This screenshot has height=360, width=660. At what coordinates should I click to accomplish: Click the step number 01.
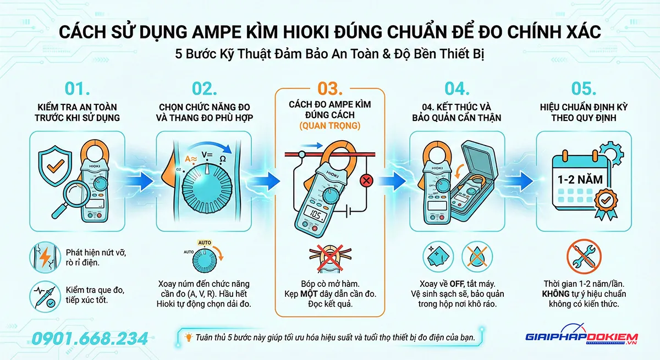point(77,88)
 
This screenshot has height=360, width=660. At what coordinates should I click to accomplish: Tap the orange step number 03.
point(330,88)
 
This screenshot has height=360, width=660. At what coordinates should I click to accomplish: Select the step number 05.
point(584,88)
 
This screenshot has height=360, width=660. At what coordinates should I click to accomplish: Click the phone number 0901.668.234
point(90,339)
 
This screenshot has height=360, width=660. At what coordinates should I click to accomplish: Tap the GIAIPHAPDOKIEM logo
point(581,336)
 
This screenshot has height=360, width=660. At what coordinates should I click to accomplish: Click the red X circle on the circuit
point(366,180)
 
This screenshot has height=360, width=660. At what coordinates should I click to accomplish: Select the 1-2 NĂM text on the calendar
point(580,180)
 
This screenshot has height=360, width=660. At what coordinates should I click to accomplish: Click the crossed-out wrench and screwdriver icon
point(584,256)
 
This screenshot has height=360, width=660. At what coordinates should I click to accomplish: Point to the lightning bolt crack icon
point(45,257)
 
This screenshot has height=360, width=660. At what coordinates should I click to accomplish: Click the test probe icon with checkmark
point(45,296)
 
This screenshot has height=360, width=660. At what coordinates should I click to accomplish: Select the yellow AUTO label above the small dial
point(205,243)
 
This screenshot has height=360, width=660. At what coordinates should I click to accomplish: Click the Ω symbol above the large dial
point(223,159)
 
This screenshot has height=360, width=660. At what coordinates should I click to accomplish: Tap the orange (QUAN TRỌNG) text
point(330,126)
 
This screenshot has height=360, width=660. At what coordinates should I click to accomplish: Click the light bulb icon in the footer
point(188,337)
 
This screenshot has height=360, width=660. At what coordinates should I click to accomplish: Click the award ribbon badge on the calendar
point(606,204)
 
